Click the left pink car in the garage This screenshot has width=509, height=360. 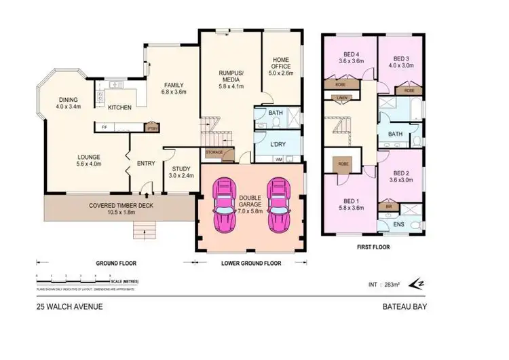[x=222, y=204]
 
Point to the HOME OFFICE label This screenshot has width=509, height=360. [x=281, y=63]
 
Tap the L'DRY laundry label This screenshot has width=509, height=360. [x=278, y=145]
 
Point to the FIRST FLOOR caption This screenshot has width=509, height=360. [x=375, y=248]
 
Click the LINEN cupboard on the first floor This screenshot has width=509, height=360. [x=341, y=98]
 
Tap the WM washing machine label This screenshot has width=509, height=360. [x=278, y=160]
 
